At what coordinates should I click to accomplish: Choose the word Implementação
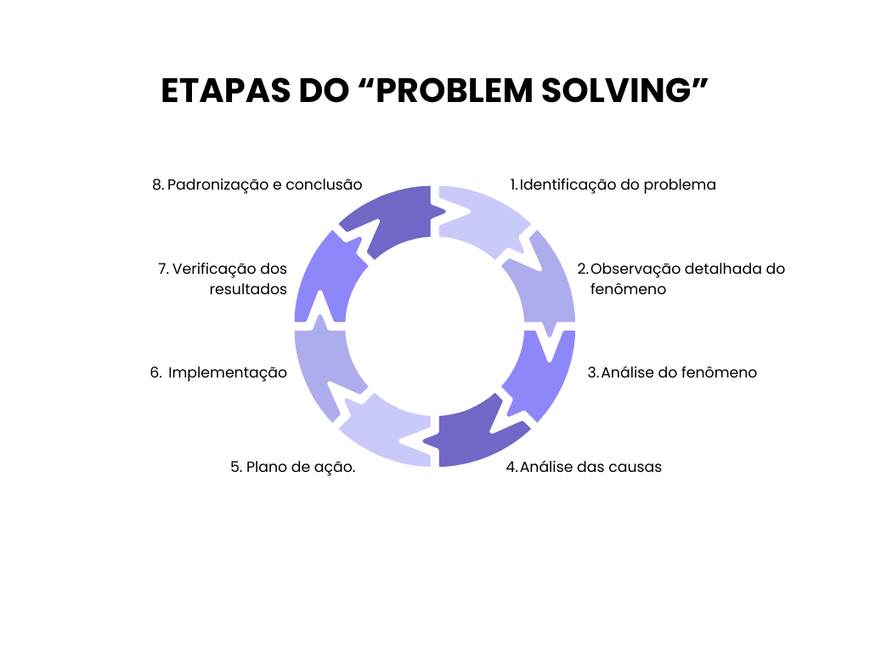[228, 372]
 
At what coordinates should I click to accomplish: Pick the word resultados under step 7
[248, 289]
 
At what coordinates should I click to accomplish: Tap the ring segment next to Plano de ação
[387, 434]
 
